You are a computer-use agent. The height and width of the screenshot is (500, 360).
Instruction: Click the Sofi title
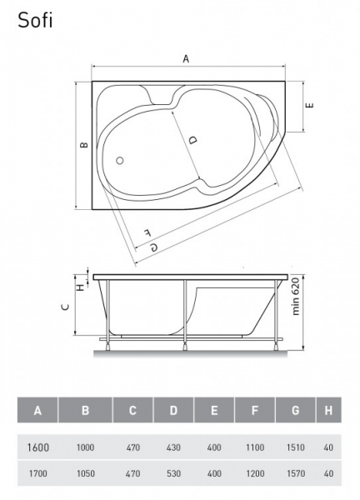click(x=35, y=21)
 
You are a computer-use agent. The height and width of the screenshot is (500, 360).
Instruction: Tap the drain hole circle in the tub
click(x=120, y=160)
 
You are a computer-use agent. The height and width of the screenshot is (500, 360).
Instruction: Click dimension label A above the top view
click(x=186, y=59)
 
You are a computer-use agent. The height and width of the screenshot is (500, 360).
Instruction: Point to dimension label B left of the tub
click(x=84, y=145)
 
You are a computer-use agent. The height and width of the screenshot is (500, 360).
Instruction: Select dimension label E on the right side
click(x=310, y=105)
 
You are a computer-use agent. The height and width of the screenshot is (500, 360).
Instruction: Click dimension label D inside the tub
click(x=192, y=140)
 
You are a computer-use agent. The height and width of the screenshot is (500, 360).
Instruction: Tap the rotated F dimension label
click(x=147, y=232)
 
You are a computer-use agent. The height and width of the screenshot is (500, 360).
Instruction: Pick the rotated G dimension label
click(x=154, y=247)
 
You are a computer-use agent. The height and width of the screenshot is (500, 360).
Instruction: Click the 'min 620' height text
click(x=296, y=297)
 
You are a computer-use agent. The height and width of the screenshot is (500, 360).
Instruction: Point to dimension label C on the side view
click(x=65, y=307)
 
